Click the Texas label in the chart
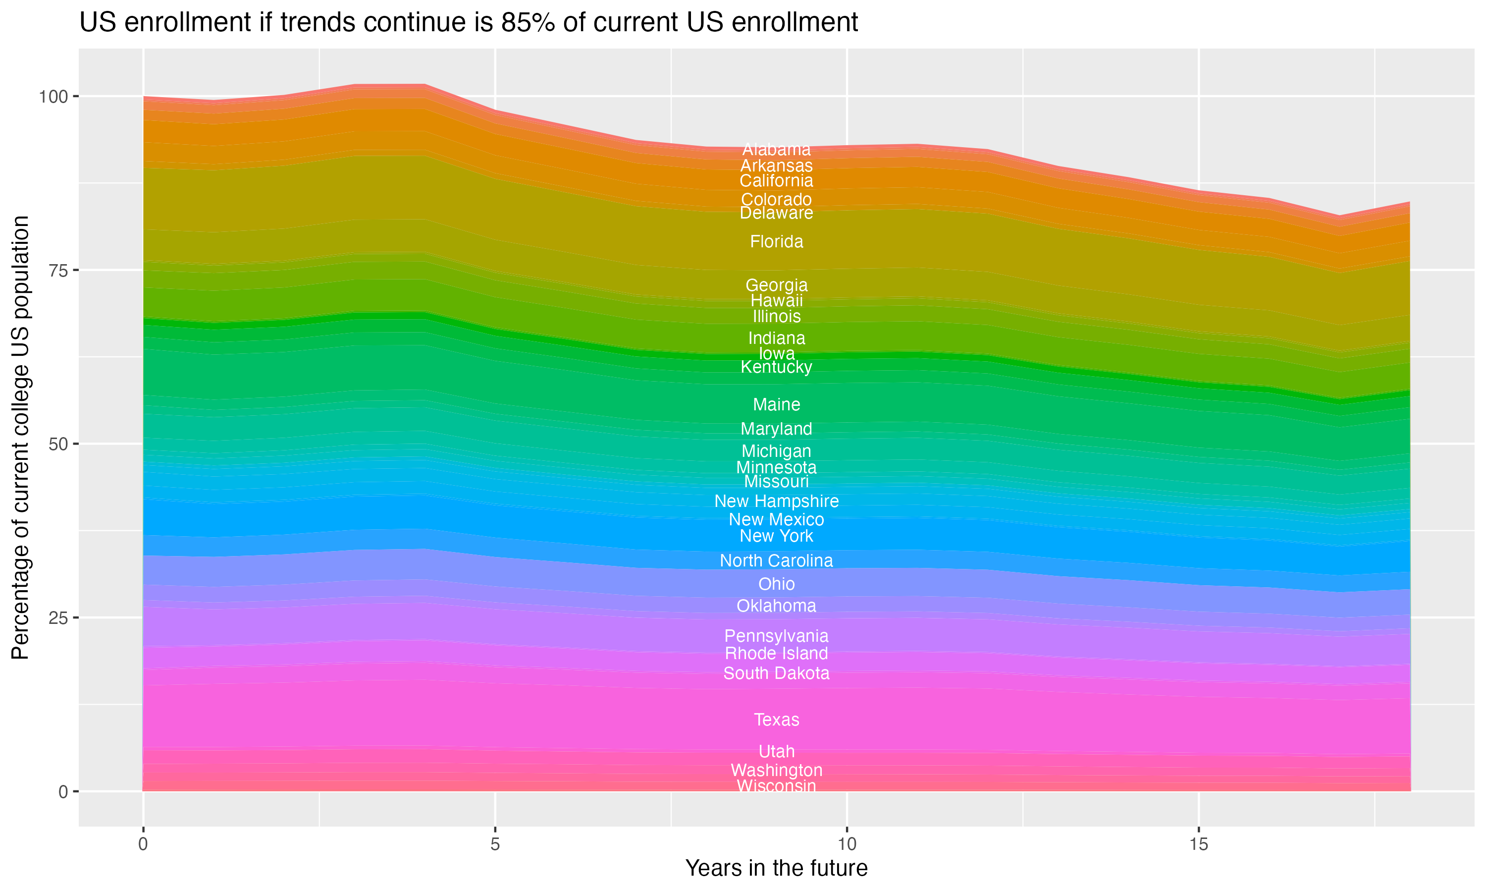tap(776, 720)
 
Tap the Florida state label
tap(776, 242)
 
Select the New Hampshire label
tap(776, 501)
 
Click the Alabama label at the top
tap(776, 149)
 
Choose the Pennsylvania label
tap(776, 636)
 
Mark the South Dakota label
tap(776, 673)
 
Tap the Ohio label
tap(776, 584)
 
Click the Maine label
tap(776, 404)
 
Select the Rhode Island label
tap(776, 653)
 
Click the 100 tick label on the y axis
tap(54, 97)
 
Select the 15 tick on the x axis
tap(1198, 844)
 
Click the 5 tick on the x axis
tap(495, 844)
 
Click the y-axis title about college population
tap(20, 437)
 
